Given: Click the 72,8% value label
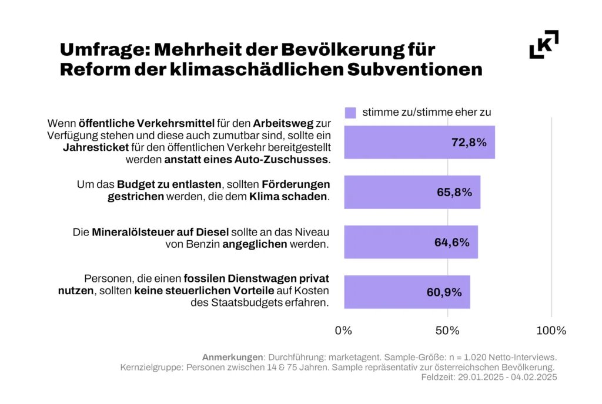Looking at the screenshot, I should (x=469, y=143).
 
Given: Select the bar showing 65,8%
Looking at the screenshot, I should (x=412, y=192).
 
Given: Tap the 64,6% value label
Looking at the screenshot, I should (x=451, y=242).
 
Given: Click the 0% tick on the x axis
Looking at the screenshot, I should (x=343, y=331).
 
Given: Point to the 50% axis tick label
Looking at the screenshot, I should (x=447, y=331).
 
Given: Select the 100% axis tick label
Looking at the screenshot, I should (x=551, y=331).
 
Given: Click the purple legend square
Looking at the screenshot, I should (x=350, y=112).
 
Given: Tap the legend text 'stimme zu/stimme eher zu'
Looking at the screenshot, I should (x=427, y=112).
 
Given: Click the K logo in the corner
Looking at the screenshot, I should (x=544, y=45).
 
